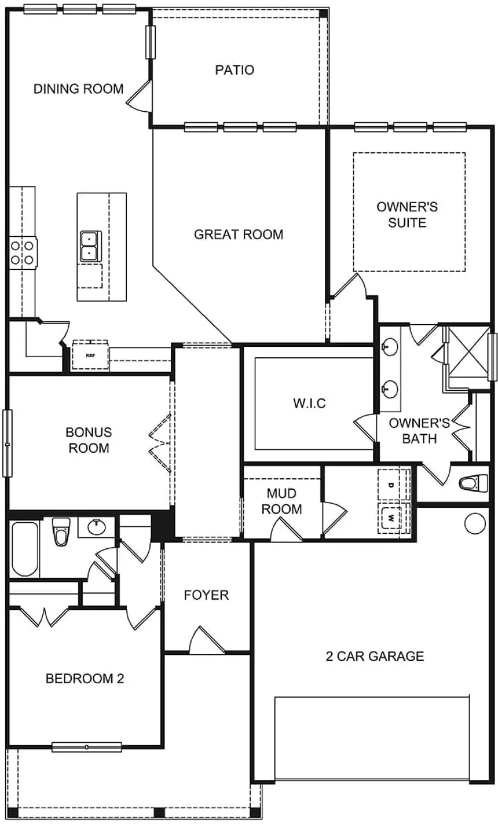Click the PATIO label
(235, 70)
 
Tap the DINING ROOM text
(78, 89)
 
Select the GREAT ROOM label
(239, 234)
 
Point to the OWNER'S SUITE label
(407, 215)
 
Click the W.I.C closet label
(309, 403)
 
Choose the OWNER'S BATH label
(419, 430)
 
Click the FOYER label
(206, 595)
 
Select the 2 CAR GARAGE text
(375, 657)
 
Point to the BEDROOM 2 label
(85, 679)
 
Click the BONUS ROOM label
(89, 440)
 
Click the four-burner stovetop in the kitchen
(22, 252)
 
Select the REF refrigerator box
(90, 355)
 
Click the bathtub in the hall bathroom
(24, 549)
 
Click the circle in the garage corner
(474, 523)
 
